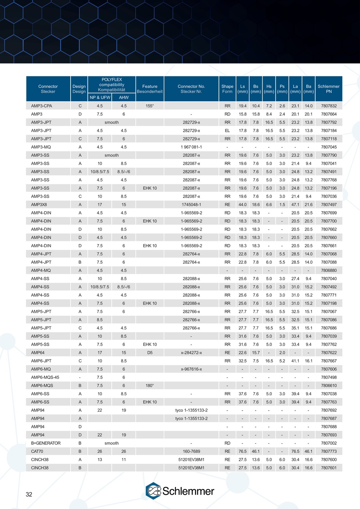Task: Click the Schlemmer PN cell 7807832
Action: coord(328,106)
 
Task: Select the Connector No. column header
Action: coord(191,89)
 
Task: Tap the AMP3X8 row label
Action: coord(39,205)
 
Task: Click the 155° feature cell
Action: coord(150,106)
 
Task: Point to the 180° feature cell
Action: coord(150,386)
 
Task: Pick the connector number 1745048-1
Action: coord(191,205)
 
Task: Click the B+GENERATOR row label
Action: coord(46,443)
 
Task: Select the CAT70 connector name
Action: coord(37,451)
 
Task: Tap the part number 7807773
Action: coord(328,451)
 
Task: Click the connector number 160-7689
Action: coord(191,451)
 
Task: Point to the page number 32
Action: coord(29,494)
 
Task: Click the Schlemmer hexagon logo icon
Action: coord(154,491)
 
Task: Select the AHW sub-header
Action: coord(124,97)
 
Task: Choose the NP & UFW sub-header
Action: coord(100,97)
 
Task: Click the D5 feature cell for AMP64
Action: coord(150,353)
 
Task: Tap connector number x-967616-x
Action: coord(191,369)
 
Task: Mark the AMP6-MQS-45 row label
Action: coord(45,377)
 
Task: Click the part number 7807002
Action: coord(328,443)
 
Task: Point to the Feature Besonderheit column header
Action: coord(150,89)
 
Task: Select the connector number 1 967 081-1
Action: coord(191,147)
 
